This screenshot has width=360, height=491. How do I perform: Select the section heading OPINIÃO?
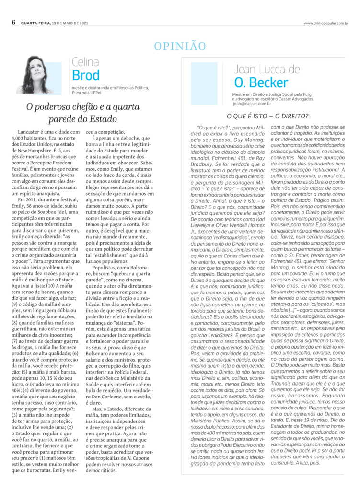[180, 46]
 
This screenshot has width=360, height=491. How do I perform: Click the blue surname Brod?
[86, 75]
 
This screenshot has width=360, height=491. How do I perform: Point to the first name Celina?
[85, 62]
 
